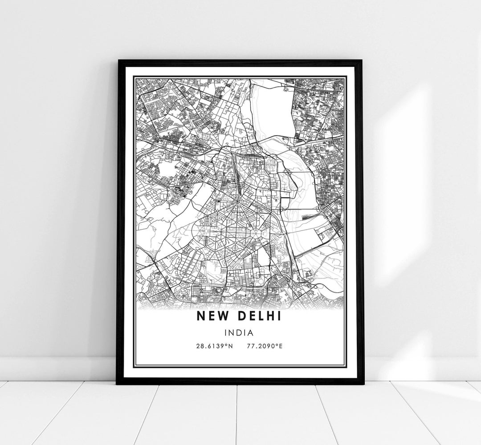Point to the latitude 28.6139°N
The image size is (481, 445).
[214, 345]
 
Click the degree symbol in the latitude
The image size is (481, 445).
[226, 344]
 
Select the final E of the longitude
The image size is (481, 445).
[281, 345]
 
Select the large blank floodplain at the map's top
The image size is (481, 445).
[272, 109]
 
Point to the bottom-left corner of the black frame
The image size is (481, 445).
[117, 383]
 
